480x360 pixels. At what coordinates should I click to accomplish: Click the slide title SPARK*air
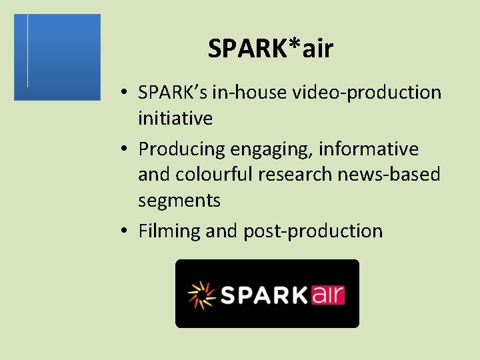coord(270,49)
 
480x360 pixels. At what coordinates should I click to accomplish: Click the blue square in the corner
coord(57,57)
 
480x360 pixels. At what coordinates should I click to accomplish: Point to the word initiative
coord(175,119)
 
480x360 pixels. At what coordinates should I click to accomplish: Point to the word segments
coord(179,200)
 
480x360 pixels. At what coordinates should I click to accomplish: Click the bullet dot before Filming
coord(125,231)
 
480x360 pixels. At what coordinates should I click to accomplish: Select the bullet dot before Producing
coord(125,149)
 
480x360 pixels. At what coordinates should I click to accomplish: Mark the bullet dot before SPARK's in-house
coord(125,93)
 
